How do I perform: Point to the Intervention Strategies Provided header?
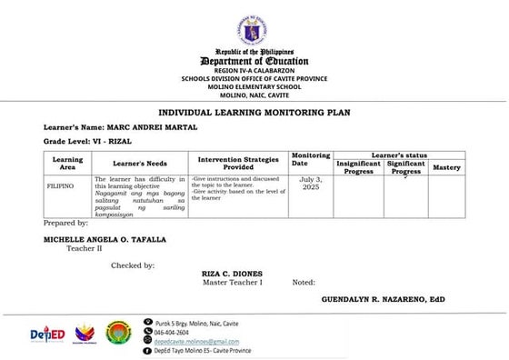pyautogui.click(x=239, y=163)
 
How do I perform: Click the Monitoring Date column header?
pyautogui.click(x=311, y=160)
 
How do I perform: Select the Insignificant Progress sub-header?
pyautogui.click(x=359, y=167)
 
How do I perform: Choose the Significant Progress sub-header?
pyautogui.click(x=406, y=167)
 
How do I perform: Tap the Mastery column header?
pyautogui.click(x=446, y=167)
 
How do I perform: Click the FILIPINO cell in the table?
pyautogui.click(x=61, y=184)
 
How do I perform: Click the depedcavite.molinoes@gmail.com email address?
pyautogui.click(x=202, y=341)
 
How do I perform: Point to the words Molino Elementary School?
pyautogui.click(x=254, y=86)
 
